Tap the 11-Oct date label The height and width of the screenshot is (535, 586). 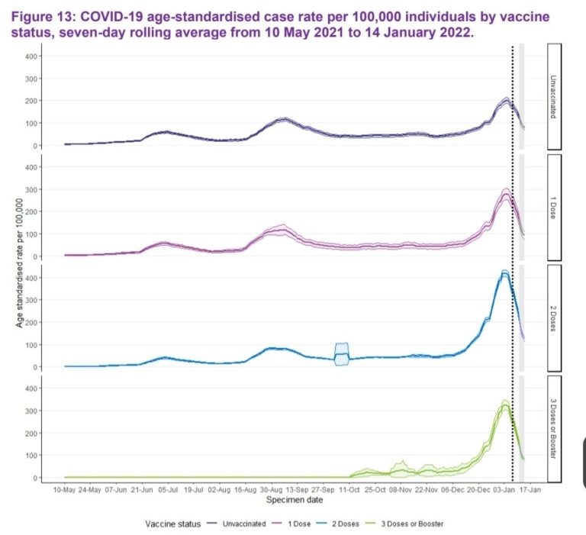(349, 489)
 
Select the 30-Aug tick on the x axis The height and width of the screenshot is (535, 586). (272, 489)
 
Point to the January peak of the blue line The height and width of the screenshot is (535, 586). (504, 273)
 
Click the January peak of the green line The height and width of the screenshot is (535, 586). (504, 405)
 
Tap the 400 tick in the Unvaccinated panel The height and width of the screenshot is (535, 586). (31, 56)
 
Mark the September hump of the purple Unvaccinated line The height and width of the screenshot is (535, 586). (283, 120)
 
